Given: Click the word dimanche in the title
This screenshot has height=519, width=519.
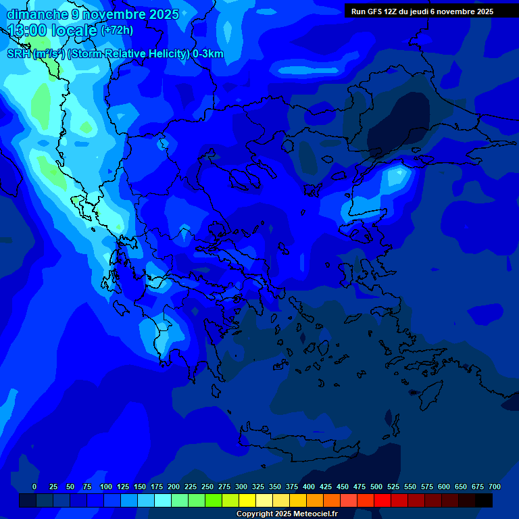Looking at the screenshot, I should tap(37, 14).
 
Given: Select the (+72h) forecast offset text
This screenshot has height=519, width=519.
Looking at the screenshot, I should tap(117, 30).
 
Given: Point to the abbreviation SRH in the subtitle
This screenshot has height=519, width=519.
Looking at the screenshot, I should tap(19, 54).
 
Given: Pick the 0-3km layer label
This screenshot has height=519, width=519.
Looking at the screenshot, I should tap(208, 54).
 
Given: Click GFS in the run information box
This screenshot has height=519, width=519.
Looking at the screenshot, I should tap(376, 11).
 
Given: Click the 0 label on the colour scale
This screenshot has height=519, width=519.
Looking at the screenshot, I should tap(34, 487).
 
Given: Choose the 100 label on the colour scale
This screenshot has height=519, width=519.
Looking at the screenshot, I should tap(106, 487).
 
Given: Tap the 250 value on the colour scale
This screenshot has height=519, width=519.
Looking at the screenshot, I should tap(207, 487).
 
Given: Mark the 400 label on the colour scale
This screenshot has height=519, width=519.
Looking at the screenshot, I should tap(309, 487).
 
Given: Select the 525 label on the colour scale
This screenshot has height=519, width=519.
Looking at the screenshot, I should tap(393, 487).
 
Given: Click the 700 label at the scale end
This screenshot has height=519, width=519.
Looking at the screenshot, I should tap(495, 487).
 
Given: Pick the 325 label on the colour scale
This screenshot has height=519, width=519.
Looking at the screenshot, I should tap(258, 487).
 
